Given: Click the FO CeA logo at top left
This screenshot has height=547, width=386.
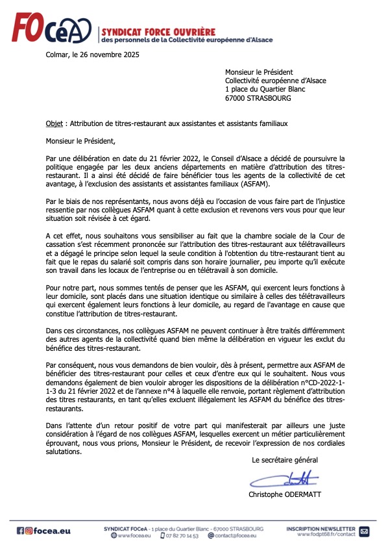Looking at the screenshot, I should coord(53,31).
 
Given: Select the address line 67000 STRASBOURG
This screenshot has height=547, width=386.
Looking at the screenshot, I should coord(258,99).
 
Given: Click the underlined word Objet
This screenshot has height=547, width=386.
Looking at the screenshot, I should coord(54,123).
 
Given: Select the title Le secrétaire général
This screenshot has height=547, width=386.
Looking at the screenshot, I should coord(285,460).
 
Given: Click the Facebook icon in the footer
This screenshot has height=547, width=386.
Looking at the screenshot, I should coord(21,531).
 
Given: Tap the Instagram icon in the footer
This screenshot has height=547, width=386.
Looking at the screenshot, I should coord(29,531).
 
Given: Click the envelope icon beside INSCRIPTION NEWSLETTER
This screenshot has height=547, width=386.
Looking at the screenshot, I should coord(364,531).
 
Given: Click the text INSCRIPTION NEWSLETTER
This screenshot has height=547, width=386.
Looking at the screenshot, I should coord(320,528).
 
